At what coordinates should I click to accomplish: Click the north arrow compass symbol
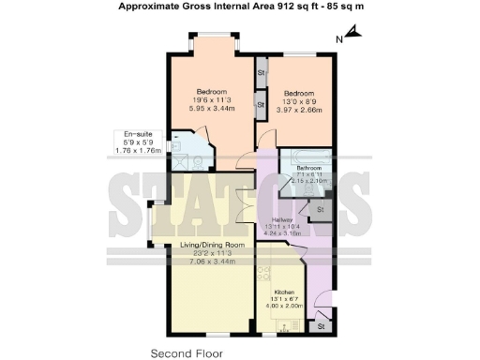[x=352, y=37]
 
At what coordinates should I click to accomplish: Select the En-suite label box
[x=138, y=142]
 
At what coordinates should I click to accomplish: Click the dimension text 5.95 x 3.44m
[x=212, y=109]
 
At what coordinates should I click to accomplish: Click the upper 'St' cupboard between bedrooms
[x=262, y=70]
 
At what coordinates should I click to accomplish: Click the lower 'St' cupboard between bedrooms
[x=262, y=105]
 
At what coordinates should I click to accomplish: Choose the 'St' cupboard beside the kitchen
[x=321, y=326]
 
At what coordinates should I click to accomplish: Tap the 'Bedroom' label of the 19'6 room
[x=212, y=91]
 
